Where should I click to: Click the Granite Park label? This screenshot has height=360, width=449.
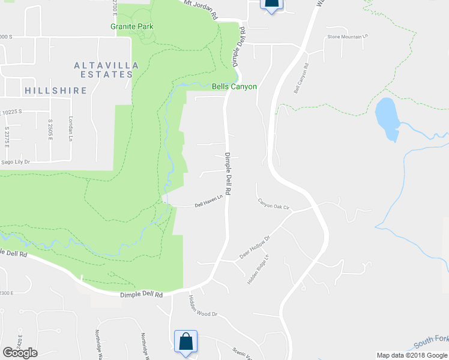point(132,26)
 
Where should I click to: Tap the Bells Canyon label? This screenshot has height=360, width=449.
point(234,86)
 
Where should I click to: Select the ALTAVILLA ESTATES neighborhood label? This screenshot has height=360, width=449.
point(103,70)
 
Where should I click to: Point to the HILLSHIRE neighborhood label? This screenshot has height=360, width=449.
point(56,91)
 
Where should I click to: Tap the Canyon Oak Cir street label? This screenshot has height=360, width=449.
point(274,205)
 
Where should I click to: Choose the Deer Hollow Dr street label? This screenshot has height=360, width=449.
point(255,247)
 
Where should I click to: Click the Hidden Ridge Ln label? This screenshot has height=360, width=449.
point(258,269)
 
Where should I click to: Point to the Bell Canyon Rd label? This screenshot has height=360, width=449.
point(301,79)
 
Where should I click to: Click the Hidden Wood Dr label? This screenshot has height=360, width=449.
point(202,305)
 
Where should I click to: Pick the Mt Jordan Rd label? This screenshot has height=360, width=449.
point(200,10)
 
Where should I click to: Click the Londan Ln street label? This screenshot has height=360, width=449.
point(70,128)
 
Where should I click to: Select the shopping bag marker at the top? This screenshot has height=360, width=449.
point(271,4)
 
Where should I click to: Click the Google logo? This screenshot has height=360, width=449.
point(20,353)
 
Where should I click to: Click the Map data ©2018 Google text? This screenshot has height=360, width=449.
point(412,355)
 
